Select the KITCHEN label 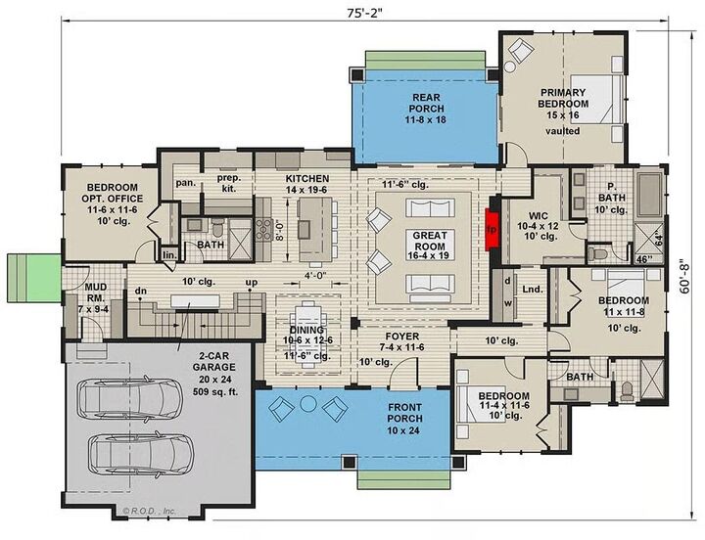point(306,179)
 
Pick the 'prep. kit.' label point(229,183)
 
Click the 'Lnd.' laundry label point(532,290)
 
